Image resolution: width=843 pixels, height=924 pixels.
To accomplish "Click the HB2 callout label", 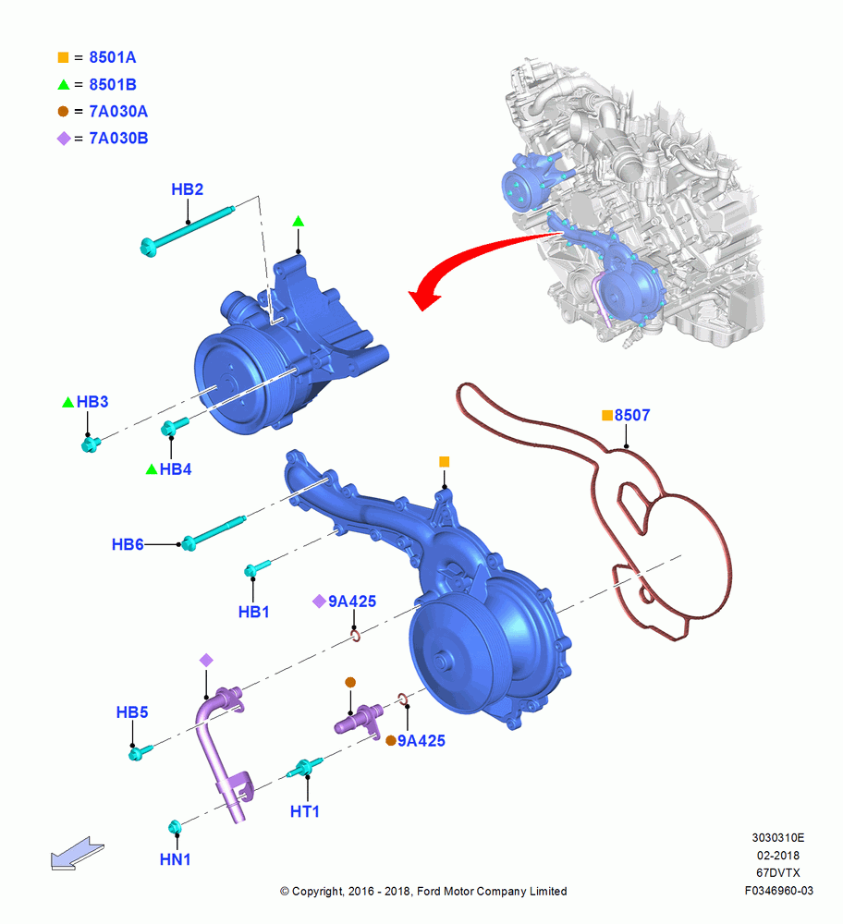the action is point(187,189).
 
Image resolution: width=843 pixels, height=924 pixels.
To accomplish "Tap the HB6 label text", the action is point(128,544).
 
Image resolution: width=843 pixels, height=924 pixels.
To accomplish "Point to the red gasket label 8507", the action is point(632,415).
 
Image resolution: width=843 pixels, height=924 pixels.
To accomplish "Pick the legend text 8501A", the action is point(113,57).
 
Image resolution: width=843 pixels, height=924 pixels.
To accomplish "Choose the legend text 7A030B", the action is point(118,138).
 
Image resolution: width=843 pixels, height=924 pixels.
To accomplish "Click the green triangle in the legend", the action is point(64,84).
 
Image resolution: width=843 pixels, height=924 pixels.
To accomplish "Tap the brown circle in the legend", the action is point(63,111).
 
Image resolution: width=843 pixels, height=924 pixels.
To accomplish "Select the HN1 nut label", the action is point(175,859).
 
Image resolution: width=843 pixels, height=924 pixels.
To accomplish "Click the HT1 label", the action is point(305,811).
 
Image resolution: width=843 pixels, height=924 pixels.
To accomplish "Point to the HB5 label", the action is point(132,711).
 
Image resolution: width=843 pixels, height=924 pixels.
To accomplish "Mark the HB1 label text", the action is point(253,612).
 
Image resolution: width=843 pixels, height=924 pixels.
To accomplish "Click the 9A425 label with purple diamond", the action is point(352,602).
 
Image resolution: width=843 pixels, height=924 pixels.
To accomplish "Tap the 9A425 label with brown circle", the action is point(421,741).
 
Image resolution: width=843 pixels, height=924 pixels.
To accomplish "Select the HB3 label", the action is point(92,401).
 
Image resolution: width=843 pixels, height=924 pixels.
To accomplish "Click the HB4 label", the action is point(176,469).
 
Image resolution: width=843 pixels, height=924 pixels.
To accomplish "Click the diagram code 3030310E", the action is point(778,837).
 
